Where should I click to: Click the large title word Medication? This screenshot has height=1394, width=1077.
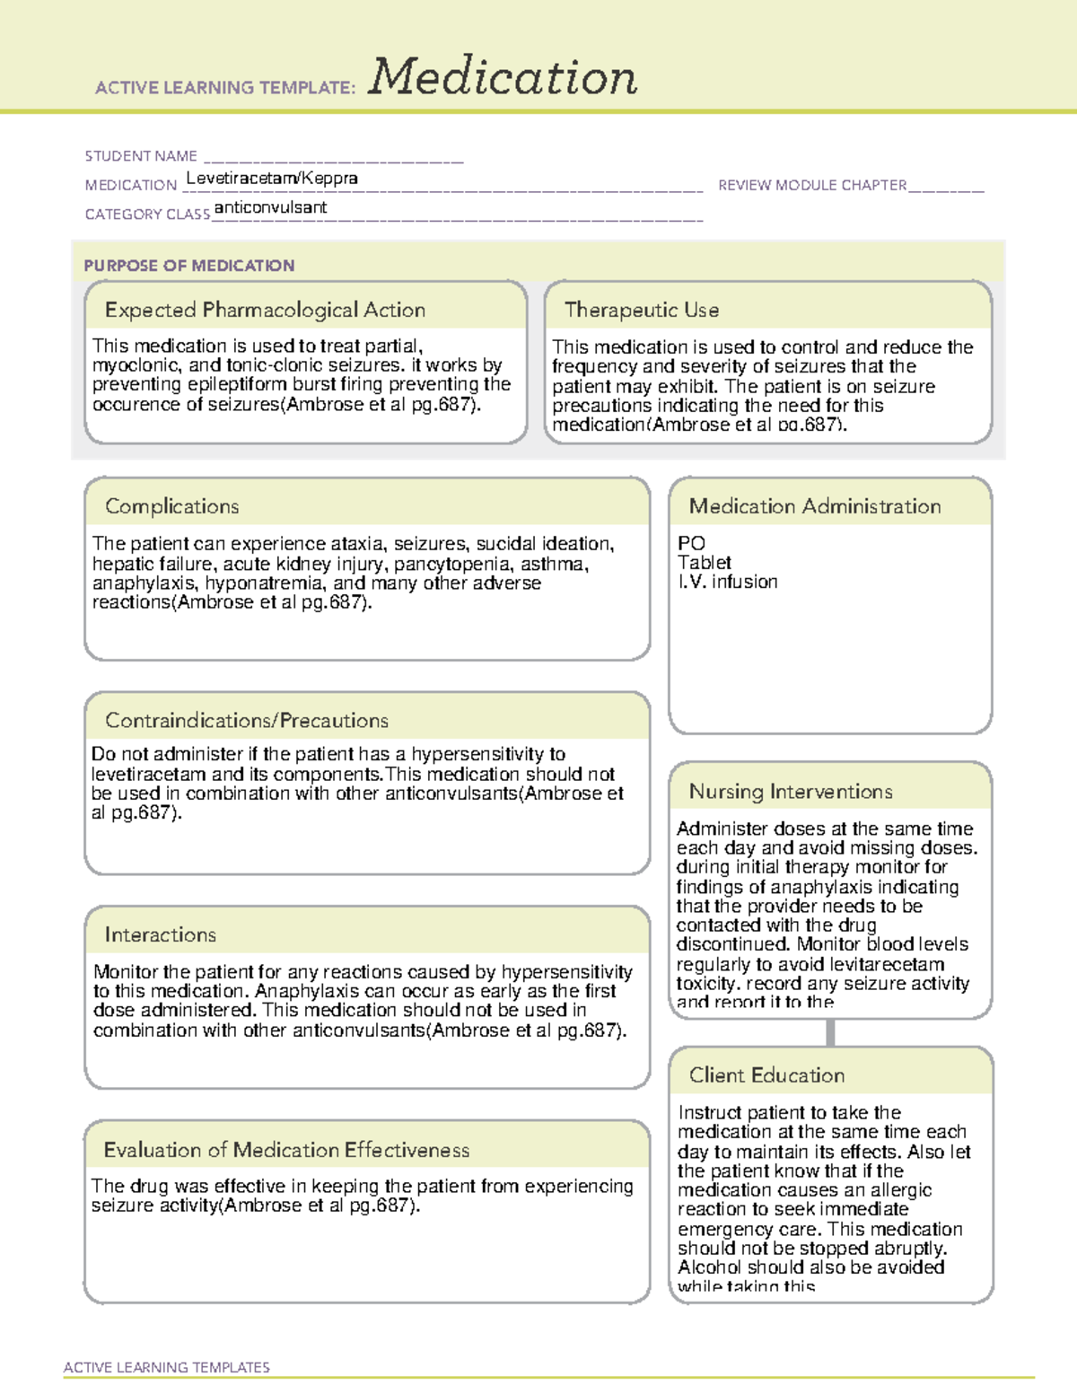503,77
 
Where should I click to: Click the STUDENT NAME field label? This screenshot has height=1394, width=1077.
141,156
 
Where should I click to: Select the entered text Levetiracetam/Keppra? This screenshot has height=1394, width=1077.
272,178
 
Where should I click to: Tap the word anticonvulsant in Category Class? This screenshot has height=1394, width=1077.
270,207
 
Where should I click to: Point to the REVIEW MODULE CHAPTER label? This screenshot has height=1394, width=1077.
812,185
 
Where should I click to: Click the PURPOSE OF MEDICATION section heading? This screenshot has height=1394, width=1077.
189,266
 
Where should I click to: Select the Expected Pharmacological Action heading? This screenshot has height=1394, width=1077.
265,310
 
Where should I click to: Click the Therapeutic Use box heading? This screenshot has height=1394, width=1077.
642,310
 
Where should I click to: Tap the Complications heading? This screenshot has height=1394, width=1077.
172,506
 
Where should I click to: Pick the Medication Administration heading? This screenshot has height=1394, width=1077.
815,506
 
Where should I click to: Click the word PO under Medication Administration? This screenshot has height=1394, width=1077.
691,543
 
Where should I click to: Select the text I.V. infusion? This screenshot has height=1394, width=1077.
728,582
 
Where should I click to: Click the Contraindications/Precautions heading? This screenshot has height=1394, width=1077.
247,720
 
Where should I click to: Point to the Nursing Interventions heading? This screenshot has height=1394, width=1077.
791,792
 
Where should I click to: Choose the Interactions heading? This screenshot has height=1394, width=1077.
161,934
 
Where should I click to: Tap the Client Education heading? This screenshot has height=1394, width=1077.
766,1075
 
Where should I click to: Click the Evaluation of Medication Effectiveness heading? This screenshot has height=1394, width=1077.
286,1150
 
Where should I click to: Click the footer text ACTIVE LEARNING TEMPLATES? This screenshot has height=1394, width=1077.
167,1367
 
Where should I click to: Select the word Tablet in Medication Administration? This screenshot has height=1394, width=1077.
705,563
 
